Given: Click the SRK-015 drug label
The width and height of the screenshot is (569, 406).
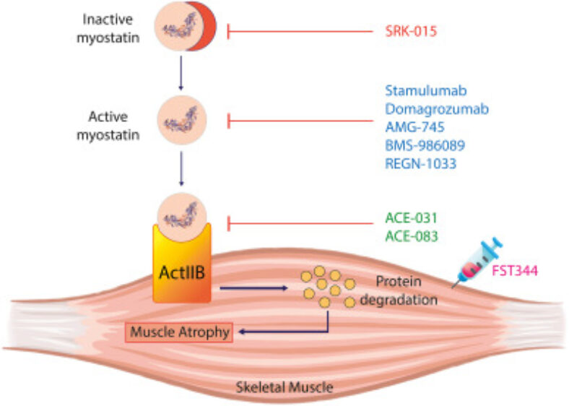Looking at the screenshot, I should pos(410,31).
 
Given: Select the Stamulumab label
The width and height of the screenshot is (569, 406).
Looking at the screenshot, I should pos(426,91).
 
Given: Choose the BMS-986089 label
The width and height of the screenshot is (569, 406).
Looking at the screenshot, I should pos(425,145).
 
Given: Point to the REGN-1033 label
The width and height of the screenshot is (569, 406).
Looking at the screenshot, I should pos(420,163).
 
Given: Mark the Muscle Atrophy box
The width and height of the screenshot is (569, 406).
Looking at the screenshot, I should pos(179,333).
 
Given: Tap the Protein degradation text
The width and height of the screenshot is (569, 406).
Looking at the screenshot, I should pos(406,289).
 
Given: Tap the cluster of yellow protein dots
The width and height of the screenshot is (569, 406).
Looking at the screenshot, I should pos(329,288).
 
